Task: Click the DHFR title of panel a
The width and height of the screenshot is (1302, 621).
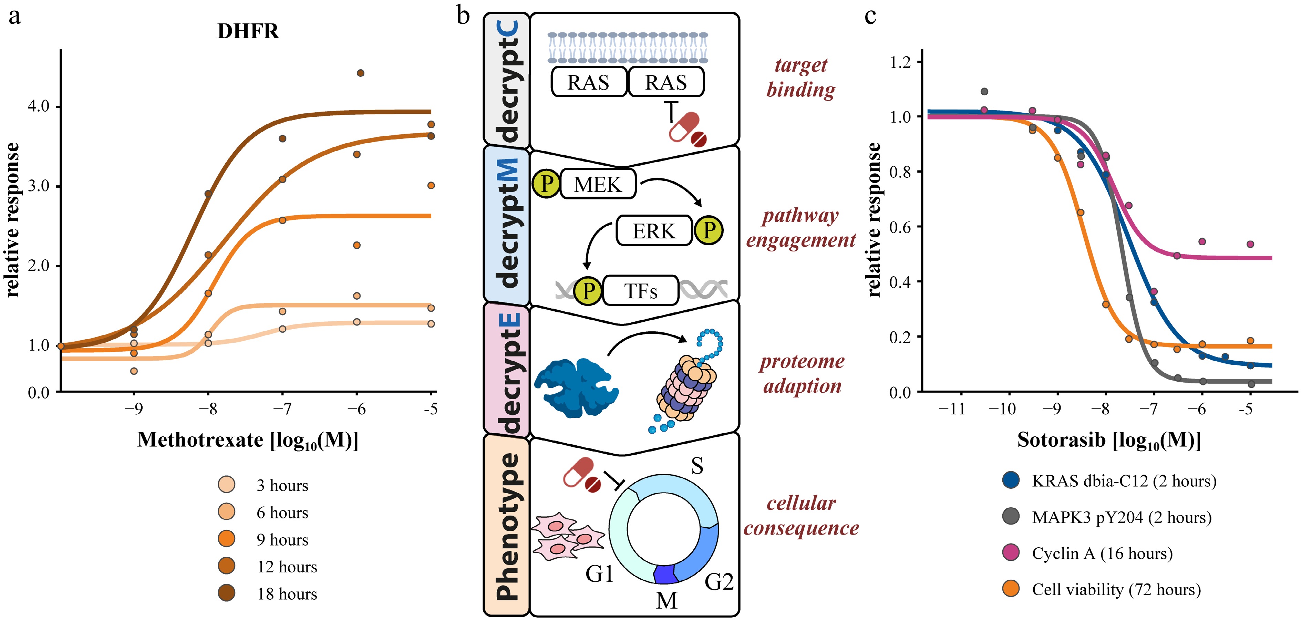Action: pos(248,31)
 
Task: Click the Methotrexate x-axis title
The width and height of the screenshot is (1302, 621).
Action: pos(248,440)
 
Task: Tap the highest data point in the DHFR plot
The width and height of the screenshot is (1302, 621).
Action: pos(360,73)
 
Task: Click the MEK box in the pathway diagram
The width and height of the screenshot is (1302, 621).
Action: pos(597,184)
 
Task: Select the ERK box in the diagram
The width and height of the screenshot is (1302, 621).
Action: pos(653,231)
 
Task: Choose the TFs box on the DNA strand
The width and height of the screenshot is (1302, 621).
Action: pos(640,291)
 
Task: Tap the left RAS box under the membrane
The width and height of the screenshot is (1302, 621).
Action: pos(588,82)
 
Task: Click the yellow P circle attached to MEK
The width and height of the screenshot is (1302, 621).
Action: pos(546,184)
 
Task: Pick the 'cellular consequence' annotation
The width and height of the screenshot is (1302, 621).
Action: pos(801,515)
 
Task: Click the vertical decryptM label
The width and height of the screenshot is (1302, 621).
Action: pos(507,223)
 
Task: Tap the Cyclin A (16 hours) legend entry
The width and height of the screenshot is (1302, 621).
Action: pos(1102,553)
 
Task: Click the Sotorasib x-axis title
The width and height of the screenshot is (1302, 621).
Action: pos(1109,440)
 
